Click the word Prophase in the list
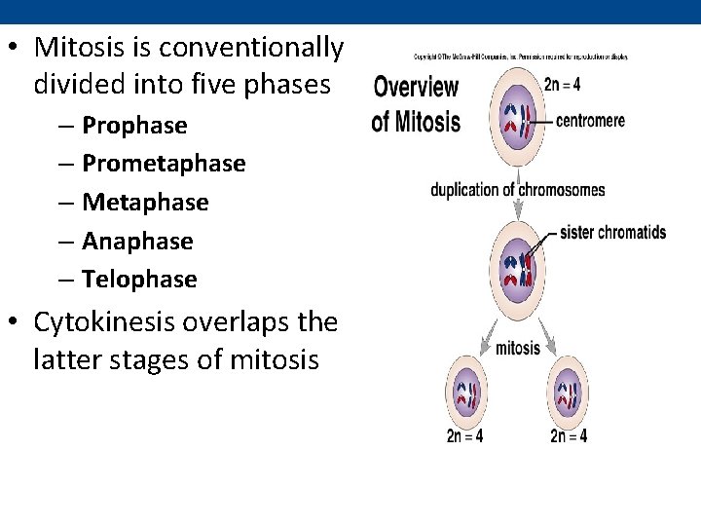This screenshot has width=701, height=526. [x=134, y=126]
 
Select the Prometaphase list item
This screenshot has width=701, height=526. [x=164, y=164]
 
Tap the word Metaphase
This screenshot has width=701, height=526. [x=145, y=203]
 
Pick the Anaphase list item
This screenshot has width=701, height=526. [x=137, y=241]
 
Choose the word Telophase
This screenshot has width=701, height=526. [x=139, y=280]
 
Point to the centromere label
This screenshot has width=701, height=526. [x=590, y=122]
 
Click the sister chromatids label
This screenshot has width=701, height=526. [x=613, y=233]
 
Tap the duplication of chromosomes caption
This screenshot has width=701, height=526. [x=517, y=190]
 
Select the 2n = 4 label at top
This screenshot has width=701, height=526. [x=563, y=84]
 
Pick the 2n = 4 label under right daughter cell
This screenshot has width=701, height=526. [x=569, y=436]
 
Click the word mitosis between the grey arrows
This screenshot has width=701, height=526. [x=517, y=349]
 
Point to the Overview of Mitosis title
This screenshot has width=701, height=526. [x=417, y=104]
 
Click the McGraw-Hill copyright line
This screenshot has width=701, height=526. [x=520, y=56]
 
